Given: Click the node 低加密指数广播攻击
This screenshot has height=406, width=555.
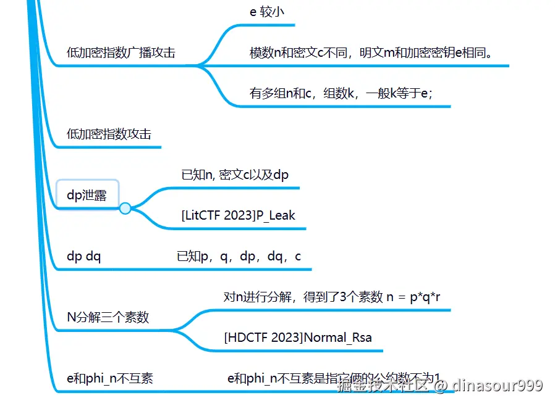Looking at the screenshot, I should click(121, 53).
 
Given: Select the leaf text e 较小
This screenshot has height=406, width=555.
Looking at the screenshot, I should click(266, 12).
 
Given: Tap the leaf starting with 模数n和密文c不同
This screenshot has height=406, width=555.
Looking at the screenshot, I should click(371, 53).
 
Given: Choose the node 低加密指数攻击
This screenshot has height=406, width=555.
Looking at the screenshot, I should click(109, 134).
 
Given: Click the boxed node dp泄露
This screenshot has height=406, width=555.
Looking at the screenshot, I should click(87, 195).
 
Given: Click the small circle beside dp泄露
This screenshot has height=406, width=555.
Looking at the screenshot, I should click(125, 209).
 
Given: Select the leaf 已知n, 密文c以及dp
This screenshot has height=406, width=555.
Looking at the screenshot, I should click(235, 175).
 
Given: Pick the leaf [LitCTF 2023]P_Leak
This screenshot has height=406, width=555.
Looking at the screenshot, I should click(239, 215).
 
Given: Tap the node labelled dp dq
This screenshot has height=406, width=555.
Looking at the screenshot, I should click(84, 257).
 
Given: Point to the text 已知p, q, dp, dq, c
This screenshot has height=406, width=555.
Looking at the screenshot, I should click(239, 257).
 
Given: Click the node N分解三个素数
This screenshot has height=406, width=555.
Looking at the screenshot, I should click(108, 318).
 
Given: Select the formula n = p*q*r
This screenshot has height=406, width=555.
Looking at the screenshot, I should click(413, 297).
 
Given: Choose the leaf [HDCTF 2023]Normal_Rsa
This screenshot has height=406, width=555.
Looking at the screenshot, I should click(298, 338).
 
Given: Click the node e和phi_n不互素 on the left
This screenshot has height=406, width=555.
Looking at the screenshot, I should click(109, 379).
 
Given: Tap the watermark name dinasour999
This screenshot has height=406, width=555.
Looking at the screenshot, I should click(498, 386).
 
